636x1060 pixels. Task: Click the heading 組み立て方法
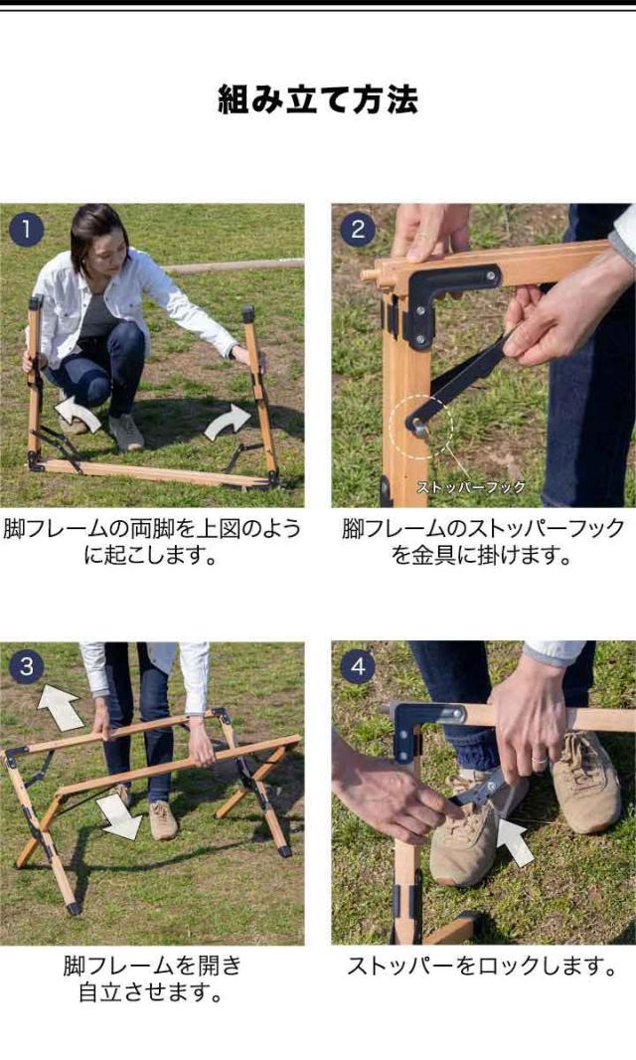[318, 99]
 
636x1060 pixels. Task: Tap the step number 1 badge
[27, 230]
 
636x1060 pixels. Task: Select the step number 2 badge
[358, 230]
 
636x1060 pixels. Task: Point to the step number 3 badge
[27, 667]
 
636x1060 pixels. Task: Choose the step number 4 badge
[358, 667]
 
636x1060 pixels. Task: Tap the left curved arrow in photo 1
[78, 413]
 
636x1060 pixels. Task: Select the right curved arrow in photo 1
[228, 422]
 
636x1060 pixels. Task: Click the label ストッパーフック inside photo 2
[470, 486]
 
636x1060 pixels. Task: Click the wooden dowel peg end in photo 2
[370, 274]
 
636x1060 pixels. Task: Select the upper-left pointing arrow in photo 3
[61, 707]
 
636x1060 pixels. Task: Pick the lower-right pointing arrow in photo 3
[119, 815]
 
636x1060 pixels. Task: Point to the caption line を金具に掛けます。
[482, 556]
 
